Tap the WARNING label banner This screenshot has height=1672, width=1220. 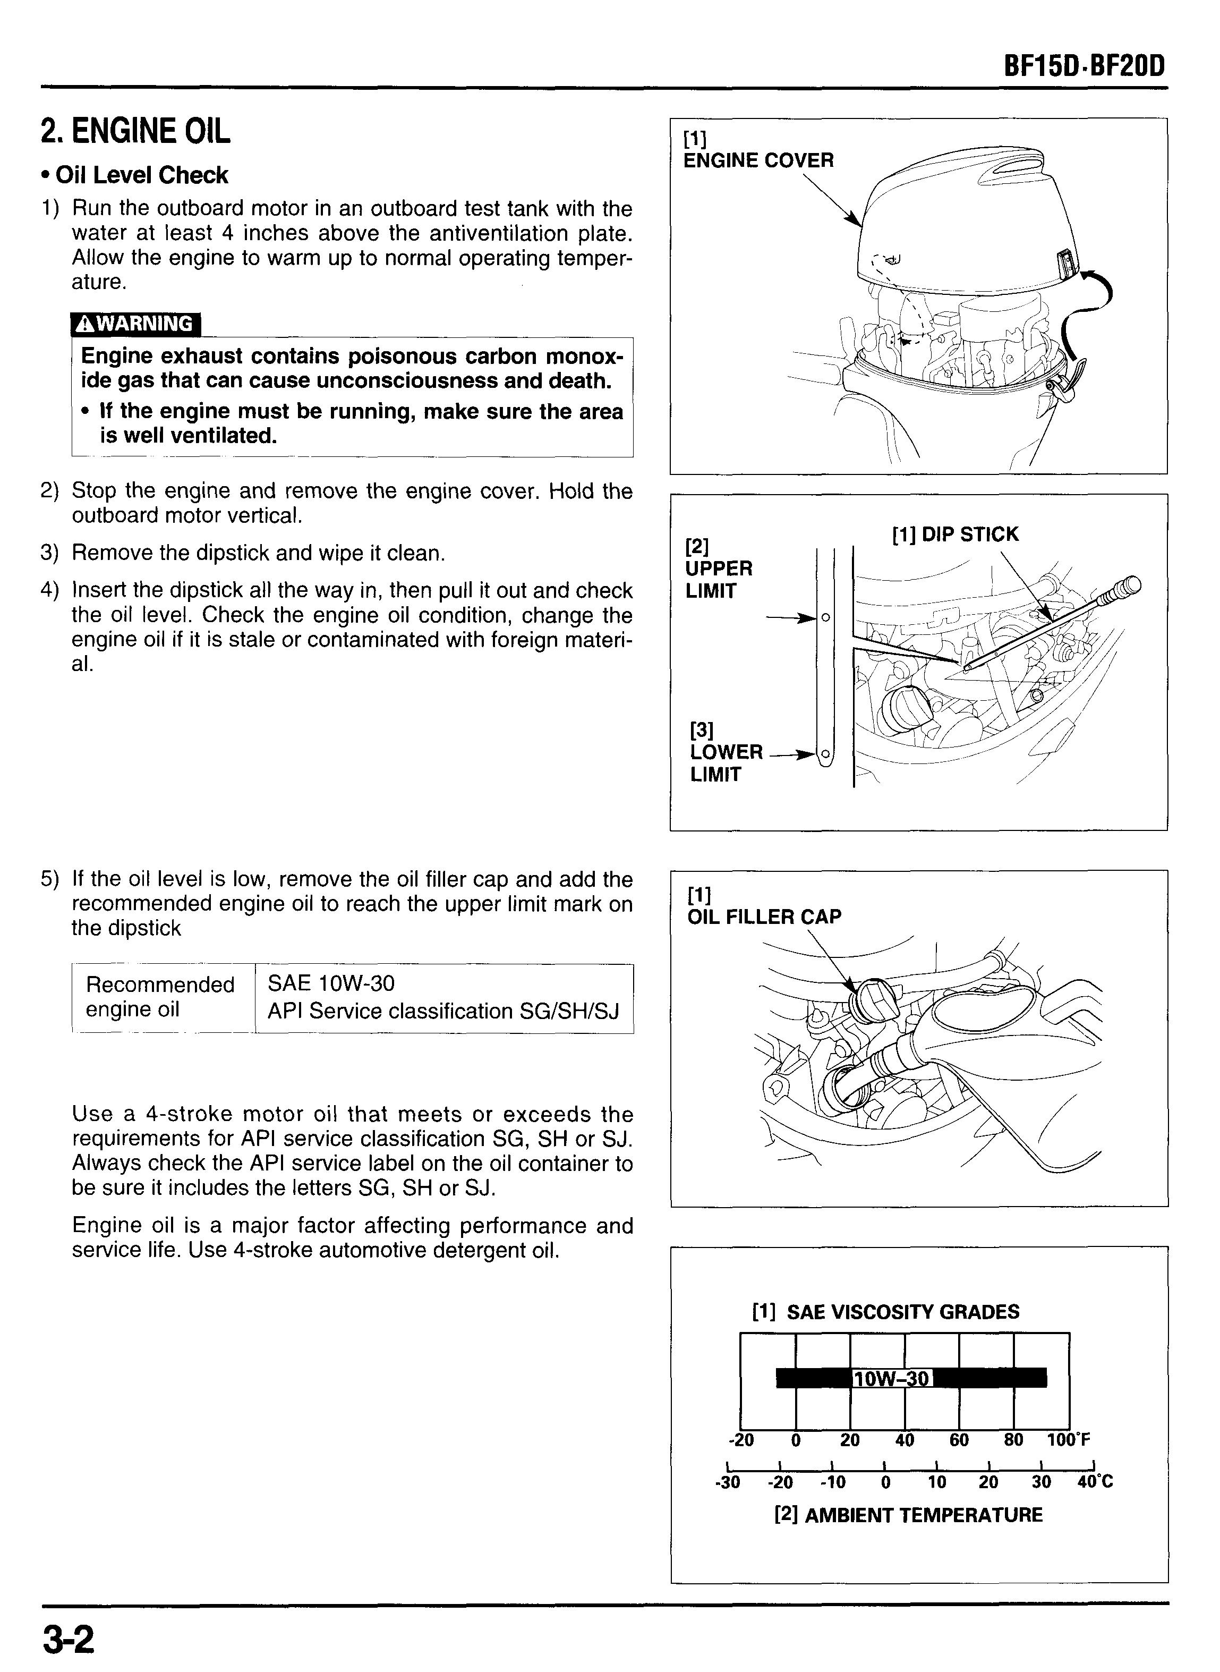pyautogui.click(x=135, y=324)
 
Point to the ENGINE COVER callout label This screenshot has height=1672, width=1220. pyautogui.click(x=758, y=160)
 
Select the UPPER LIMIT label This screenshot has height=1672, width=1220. pyautogui.click(x=718, y=580)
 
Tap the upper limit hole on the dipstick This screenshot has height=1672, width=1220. pyautogui.click(x=826, y=617)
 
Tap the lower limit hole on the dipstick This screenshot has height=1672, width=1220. pyautogui.click(x=826, y=754)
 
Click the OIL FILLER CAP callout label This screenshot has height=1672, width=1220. pyautogui.click(x=764, y=916)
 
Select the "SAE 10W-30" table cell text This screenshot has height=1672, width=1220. pyautogui.click(x=331, y=984)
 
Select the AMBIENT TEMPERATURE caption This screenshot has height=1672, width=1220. pyautogui.click(x=908, y=1515)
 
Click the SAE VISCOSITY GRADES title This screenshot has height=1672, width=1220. pyautogui.click(x=885, y=1312)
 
